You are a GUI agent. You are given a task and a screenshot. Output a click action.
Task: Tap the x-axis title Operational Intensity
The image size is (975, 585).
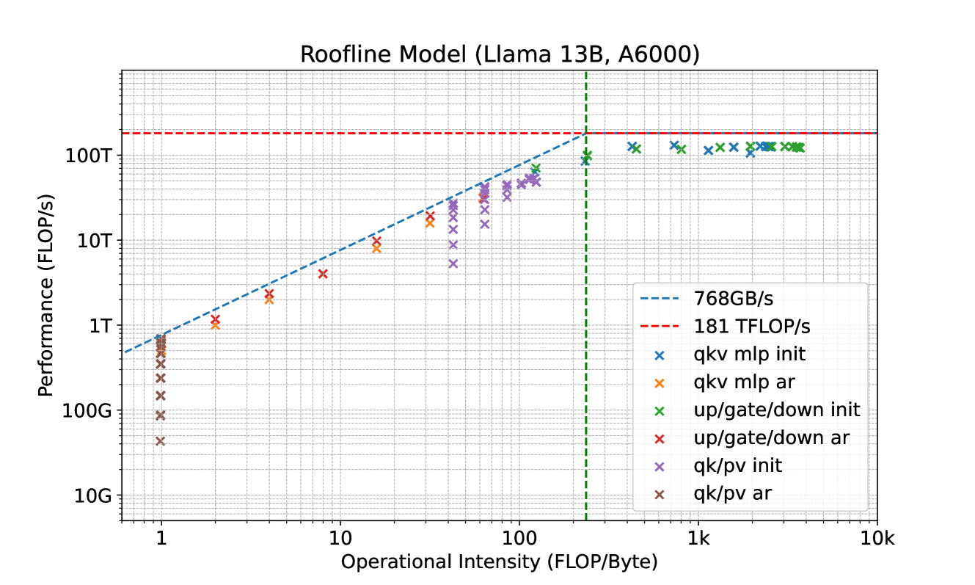click(x=499, y=563)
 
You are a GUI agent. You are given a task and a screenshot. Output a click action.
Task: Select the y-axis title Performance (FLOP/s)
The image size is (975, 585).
click(x=46, y=294)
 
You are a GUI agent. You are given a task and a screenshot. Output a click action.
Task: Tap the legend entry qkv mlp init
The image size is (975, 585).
click(x=749, y=355)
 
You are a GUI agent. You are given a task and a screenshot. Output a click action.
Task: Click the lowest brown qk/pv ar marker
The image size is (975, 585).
click(x=160, y=441)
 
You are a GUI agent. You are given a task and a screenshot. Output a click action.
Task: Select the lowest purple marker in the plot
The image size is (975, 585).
click(x=453, y=264)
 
